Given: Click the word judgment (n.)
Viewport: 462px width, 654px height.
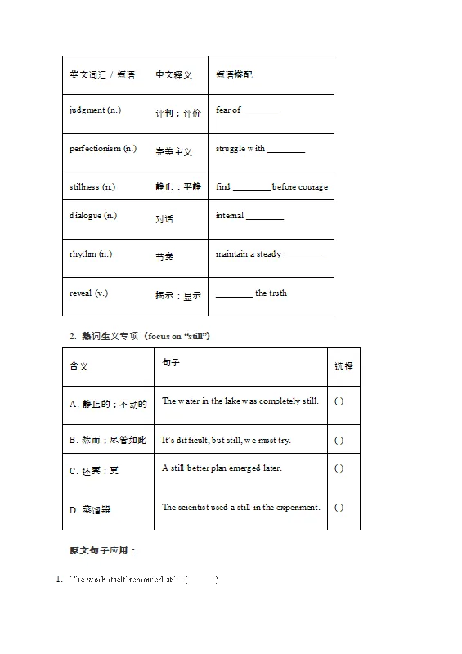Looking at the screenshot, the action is (x=95, y=110).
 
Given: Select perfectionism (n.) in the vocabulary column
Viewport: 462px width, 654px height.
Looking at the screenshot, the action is (x=103, y=149).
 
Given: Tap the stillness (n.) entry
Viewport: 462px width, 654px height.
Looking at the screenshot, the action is (x=92, y=187).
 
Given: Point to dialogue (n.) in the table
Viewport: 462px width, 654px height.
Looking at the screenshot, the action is (x=93, y=216).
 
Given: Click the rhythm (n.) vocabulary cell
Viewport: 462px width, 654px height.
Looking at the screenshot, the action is (x=91, y=254).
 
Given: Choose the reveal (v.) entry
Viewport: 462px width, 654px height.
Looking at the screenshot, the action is (x=88, y=293).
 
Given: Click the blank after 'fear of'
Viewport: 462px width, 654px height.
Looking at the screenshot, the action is (x=262, y=111).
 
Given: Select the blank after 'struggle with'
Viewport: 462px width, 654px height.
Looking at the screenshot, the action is (x=286, y=150).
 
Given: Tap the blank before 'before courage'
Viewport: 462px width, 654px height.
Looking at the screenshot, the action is (x=251, y=188).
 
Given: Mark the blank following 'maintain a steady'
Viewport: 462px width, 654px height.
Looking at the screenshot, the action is (x=303, y=255).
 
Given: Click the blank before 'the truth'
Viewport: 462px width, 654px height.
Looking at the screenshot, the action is (x=234, y=294).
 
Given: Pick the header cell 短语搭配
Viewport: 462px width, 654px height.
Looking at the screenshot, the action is (x=234, y=75).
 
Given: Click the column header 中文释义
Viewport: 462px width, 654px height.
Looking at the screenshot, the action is (x=174, y=75).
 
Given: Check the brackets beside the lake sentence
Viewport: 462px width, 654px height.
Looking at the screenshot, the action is (x=339, y=401).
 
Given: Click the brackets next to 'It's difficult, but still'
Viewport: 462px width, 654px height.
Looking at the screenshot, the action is (x=339, y=441).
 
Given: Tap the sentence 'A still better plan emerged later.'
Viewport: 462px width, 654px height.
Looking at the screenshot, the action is (x=222, y=468).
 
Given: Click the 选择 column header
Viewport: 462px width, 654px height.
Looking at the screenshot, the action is (x=344, y=366).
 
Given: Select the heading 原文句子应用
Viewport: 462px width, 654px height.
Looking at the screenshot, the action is (x=103, y=551).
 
